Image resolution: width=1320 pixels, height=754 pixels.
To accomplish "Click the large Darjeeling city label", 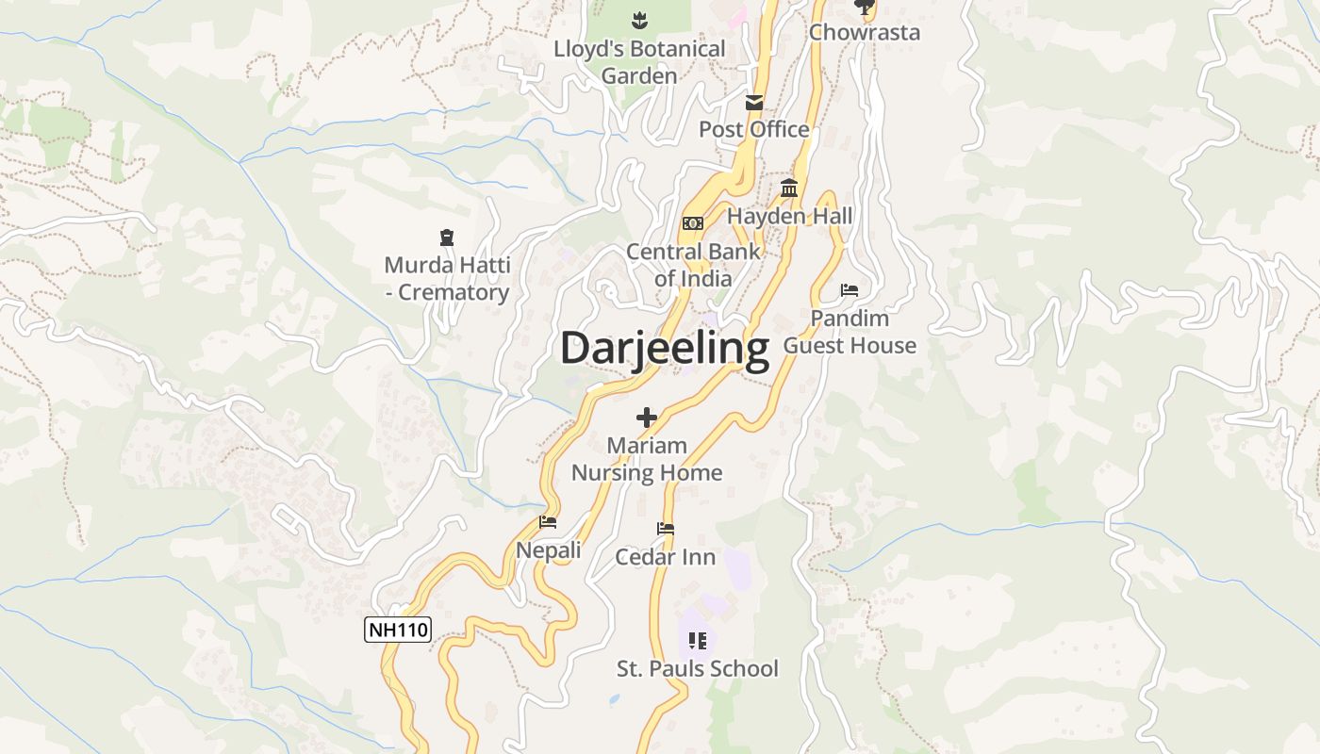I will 665,348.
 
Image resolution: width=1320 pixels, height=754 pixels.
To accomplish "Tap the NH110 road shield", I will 398,630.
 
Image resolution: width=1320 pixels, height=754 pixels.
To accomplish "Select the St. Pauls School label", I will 698,668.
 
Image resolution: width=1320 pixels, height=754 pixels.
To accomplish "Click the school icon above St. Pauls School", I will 698,641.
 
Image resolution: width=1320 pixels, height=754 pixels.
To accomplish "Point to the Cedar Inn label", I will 666,557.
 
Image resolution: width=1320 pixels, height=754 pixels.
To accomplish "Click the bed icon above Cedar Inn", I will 666,529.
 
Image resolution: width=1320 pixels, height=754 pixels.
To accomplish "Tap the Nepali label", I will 548,550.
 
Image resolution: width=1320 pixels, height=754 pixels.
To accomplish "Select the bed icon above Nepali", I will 548,522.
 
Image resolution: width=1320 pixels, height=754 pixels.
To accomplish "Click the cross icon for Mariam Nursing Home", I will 647,417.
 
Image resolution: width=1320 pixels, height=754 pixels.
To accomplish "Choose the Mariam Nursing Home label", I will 647,459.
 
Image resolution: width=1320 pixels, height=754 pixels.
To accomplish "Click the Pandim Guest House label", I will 850,332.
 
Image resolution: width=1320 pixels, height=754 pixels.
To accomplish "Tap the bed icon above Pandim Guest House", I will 850,290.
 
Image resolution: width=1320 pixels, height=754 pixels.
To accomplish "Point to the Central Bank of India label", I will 693,265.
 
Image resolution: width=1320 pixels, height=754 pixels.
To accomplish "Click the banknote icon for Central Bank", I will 693,223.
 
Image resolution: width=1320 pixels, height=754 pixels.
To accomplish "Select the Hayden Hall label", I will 790,216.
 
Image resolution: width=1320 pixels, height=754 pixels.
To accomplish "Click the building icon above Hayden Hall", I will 790,188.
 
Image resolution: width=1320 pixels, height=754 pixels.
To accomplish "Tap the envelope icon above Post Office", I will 754,102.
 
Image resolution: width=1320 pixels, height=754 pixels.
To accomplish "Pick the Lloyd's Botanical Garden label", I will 639,62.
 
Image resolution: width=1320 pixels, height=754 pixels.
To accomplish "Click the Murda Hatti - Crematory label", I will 447,279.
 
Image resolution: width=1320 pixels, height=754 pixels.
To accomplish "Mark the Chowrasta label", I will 865,32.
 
